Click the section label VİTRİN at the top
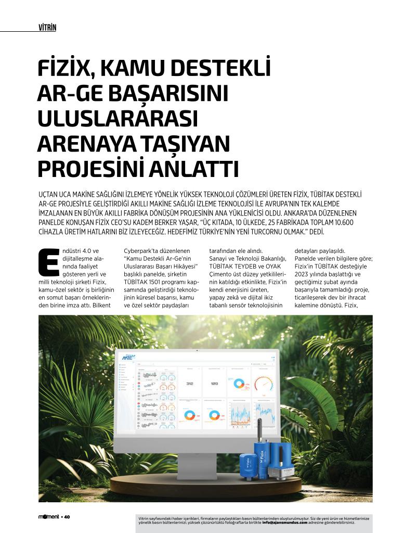[x=47, y=27]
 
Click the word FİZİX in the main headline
[x=66, y=70]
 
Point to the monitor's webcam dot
[x=198, y=350]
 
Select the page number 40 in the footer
[x=68, y=517]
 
